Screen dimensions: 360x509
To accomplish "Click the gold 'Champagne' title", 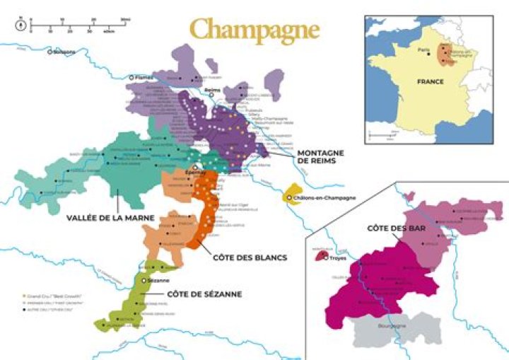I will click(x=254, y=30).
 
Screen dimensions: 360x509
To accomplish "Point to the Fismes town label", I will click(x=143, y=77).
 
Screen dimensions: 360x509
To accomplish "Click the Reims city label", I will click(x=213, y=90).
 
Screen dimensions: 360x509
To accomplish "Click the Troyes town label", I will click(x=340, y=260).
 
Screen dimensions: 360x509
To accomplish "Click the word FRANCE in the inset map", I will click(x=430, y=81).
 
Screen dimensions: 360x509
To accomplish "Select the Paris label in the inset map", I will click(x=424, y=51).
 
